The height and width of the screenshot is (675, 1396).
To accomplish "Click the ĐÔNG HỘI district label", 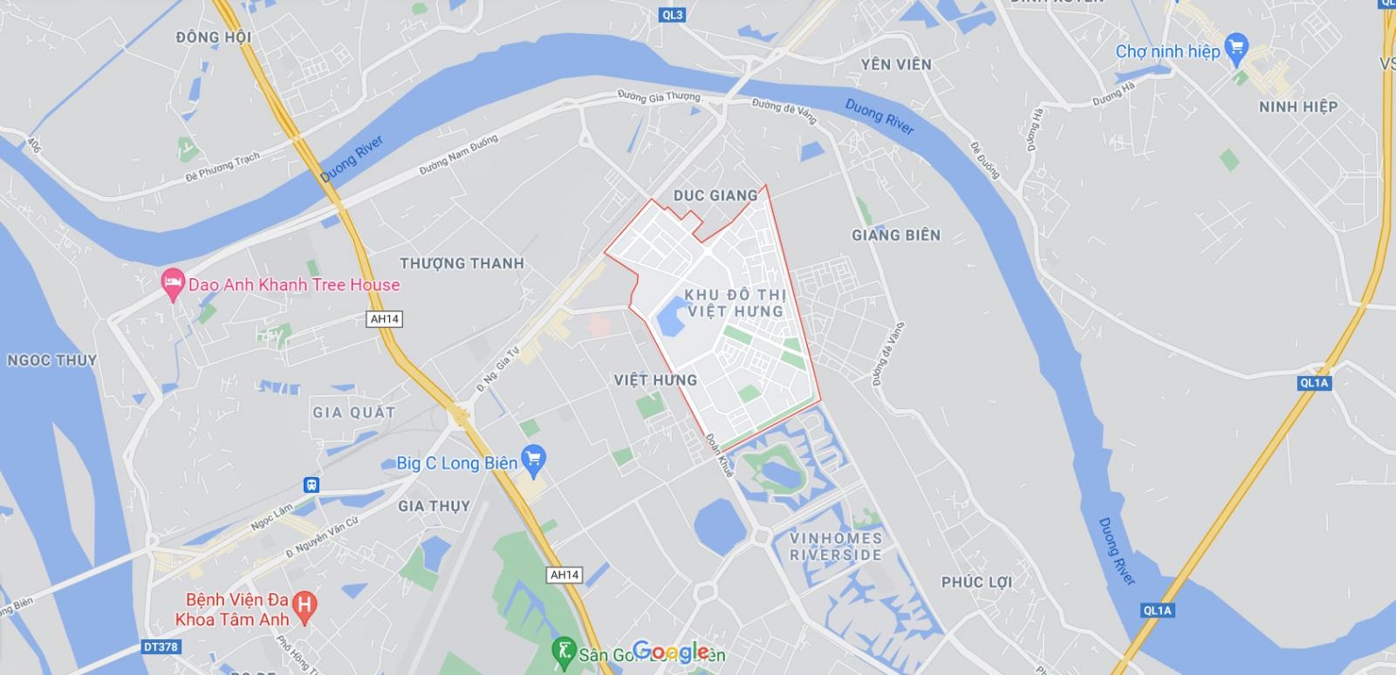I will coord(213,37).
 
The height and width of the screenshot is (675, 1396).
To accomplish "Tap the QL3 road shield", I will coord(672,14).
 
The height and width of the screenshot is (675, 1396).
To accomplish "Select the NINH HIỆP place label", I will coord(1297,106).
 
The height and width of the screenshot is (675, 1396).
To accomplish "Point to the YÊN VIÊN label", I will coord(895,65).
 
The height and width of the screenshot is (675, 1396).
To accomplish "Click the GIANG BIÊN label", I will coord(896,235).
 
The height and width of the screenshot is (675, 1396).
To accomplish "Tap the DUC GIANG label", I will coord(715,195).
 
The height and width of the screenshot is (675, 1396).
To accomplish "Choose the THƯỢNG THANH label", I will coord(462,263).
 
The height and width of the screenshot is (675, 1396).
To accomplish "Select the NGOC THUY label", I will coord(51,360).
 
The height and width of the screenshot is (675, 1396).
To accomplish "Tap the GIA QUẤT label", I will coord(353,412).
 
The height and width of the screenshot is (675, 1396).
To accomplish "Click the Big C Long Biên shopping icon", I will coord(533,458).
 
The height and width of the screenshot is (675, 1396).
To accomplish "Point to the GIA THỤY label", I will coord(434,506).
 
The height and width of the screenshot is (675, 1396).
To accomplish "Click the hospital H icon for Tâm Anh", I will coord(305,603).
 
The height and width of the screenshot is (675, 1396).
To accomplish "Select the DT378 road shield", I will coord(160,647).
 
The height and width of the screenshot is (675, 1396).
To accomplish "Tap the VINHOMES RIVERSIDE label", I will coord(835,546).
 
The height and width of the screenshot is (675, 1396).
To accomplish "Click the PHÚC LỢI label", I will coord(976,582).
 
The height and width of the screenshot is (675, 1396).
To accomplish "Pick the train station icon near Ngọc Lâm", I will coord(311,485).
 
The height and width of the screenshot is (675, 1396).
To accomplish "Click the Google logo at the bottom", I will coord(670,651).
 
